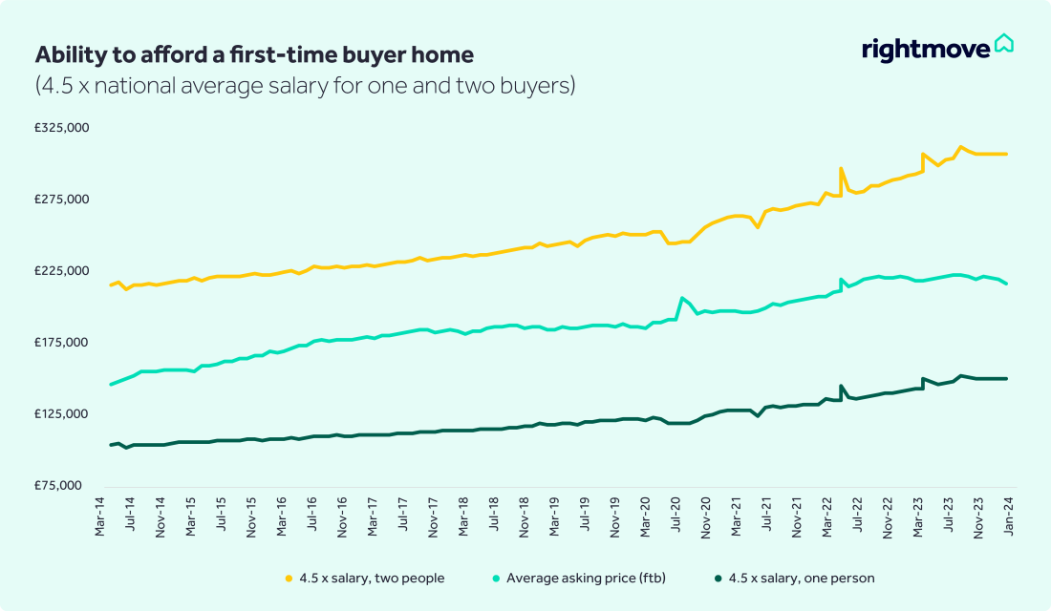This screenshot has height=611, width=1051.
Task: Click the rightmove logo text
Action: pyautogui.click(x=925, y=49)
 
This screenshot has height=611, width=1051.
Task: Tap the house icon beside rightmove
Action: pyautogui.click(x=1004, y=44)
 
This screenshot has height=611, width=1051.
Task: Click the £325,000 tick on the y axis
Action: pyautogui.click(x=62, y=128)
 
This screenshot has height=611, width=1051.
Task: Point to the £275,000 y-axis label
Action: pyautogui.click(x=62, y=200)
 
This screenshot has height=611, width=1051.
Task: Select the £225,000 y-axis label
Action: pyautogui.click(x=62, y=271)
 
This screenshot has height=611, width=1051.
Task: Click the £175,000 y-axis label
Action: pyautogui.click(x=62, y=343)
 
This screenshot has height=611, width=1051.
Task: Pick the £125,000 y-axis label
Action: pyautogui.click(x=62, y=414)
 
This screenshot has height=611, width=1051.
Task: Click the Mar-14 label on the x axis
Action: pyautogui.click(x=102, y=515)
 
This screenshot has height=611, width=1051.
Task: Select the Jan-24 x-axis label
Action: pyautogui.click(x=1007, y=515)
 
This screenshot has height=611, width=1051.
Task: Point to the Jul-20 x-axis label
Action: pyautogui.click(x=676, y=515)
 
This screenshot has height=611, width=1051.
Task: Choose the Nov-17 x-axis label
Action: pyautogui.click(x=435, y=515)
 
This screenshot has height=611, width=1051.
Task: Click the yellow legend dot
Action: pyautogui.click(x=289, y=579)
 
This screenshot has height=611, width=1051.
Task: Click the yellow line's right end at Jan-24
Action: pyautogui.click(x=1007, y=154)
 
